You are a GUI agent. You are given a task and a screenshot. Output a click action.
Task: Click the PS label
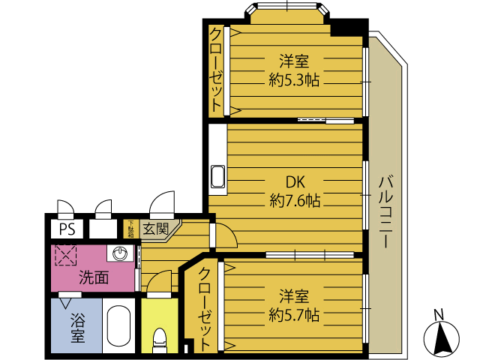67,229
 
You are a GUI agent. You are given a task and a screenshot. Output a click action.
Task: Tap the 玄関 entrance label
156,229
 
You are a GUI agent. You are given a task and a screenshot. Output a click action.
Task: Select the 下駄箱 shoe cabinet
131,229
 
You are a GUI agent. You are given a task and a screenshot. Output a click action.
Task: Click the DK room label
295,182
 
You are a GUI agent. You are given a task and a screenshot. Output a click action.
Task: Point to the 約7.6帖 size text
295,201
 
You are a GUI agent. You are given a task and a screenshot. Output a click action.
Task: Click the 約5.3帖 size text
294,80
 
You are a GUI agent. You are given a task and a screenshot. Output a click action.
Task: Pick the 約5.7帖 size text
294,315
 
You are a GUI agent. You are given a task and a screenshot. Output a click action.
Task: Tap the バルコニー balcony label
385,211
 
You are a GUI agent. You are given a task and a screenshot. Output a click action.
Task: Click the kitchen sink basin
217,177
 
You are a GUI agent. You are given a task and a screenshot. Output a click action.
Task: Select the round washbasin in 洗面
120,253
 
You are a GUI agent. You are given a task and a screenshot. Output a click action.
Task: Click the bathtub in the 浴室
119,326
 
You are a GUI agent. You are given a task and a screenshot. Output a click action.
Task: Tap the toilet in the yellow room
160,340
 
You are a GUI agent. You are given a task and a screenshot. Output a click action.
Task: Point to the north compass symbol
441,337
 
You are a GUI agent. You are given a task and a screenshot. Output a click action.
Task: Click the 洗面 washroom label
94,277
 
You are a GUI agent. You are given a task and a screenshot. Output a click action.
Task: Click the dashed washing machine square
65,255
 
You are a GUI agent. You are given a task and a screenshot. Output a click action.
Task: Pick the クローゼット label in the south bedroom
205,309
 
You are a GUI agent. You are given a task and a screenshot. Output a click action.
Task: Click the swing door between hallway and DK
223,235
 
